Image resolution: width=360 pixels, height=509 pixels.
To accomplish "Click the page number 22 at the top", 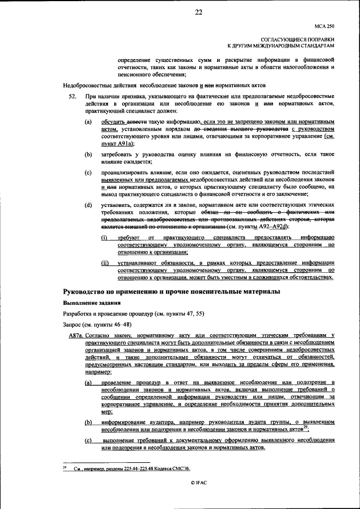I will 197,13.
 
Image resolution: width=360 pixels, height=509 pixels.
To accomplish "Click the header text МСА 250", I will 325,26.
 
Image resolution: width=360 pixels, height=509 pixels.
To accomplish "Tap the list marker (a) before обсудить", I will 88,121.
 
